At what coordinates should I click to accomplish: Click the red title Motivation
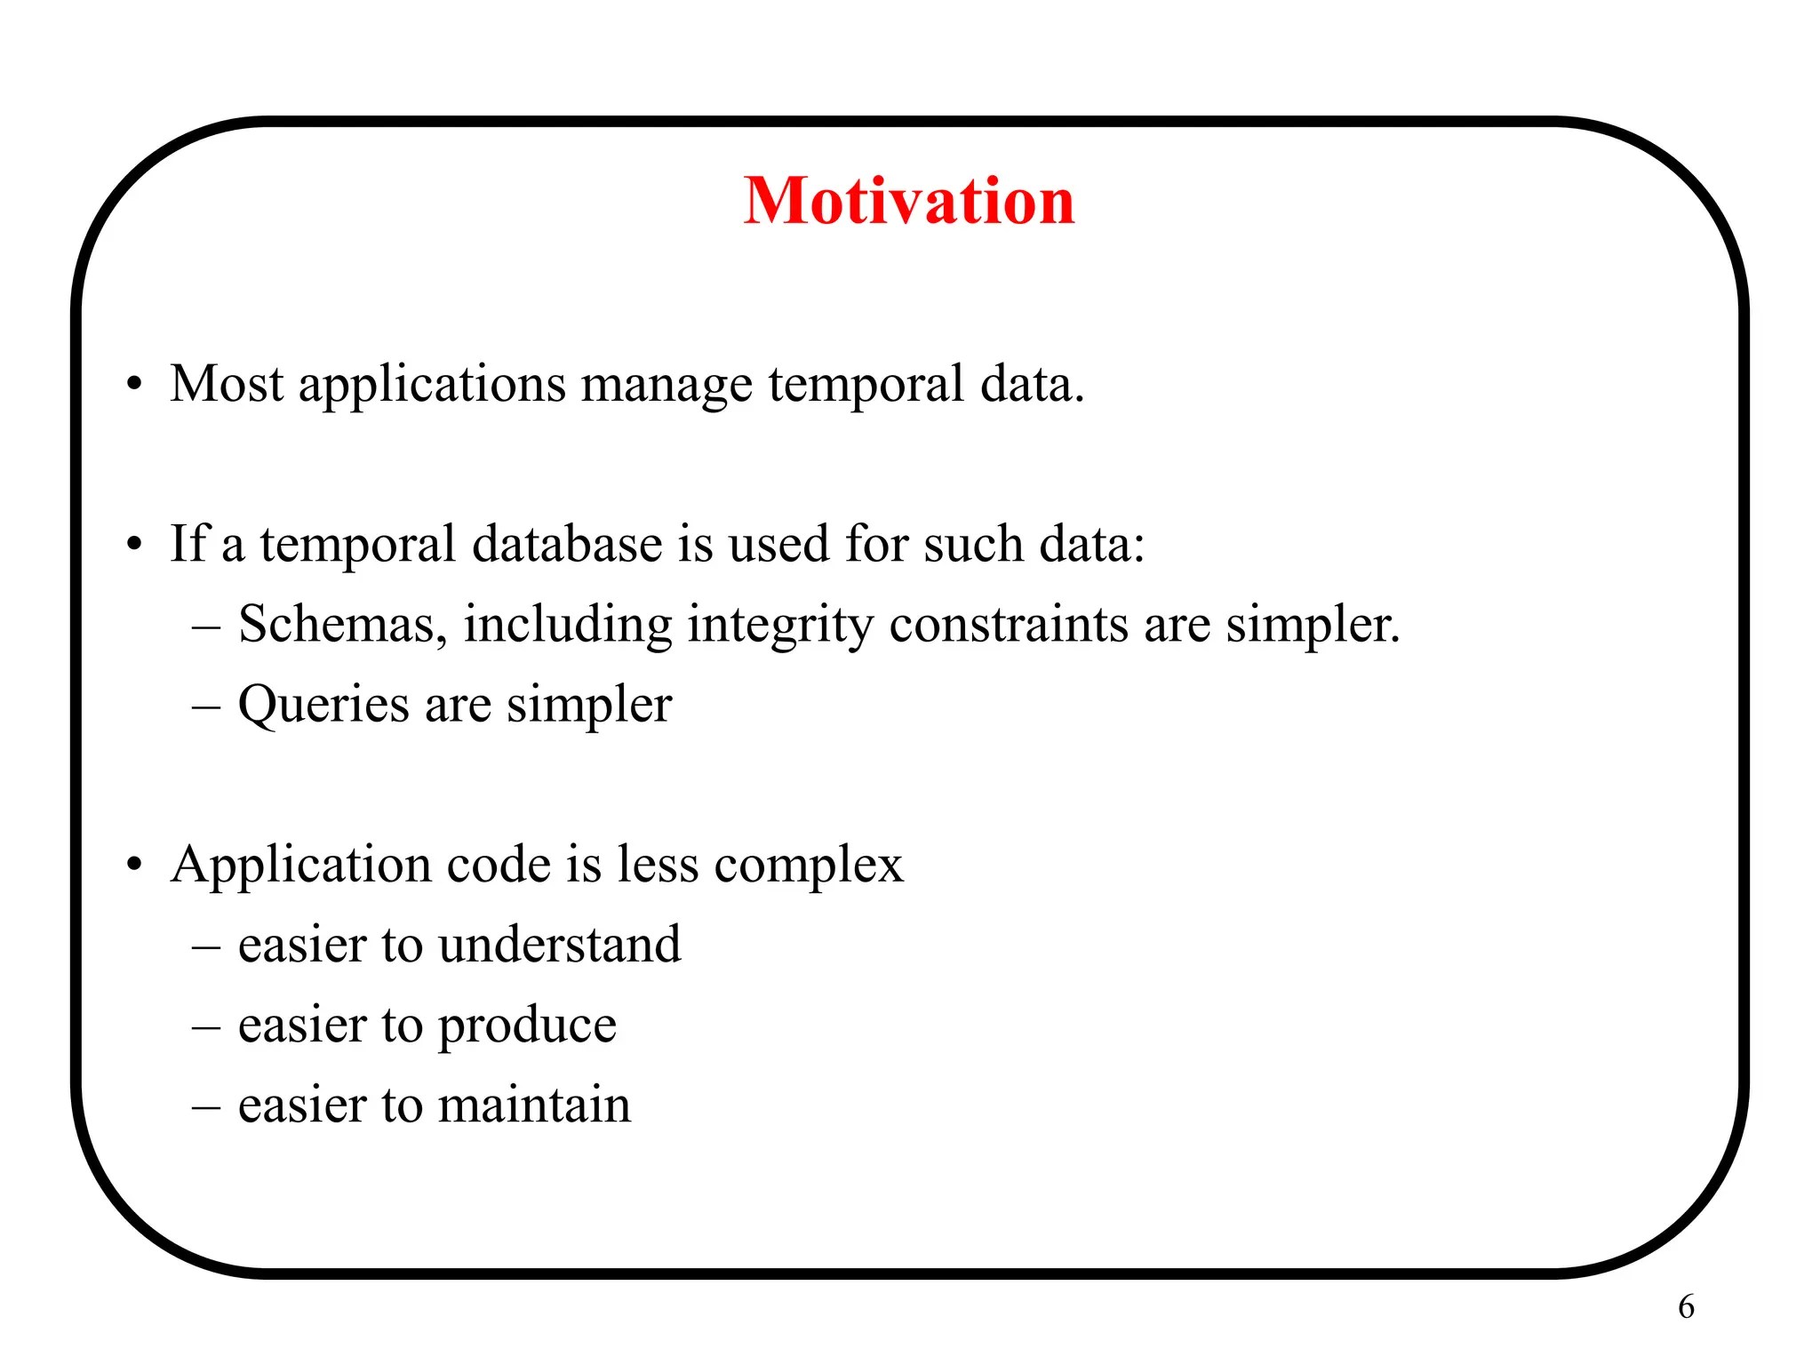pyautogui.click(x=909, y=201)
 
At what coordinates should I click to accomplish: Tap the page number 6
pyautogui.click(x=1686, y=1306)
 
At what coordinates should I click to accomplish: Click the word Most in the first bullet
pyautogui.click(x=227, y=384)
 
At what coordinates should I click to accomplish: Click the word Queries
pyautogui.click(x=324, y=706)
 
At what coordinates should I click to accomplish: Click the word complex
pyautogui.click(x=809, y=866)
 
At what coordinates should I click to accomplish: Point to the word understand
pyautogui.click(x=560, y=944)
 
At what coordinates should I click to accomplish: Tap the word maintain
pyautogui.click(x=534, y=1106)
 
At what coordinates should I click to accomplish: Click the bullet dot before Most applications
pyautogui.click(x=134, y=386)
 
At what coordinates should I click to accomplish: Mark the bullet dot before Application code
pyautogui.click(x=134, y=865)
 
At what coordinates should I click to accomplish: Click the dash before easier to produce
pyautogui.click(x=205, y=1026)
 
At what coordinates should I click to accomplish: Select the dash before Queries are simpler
pyautogui.click(x=205, y=706)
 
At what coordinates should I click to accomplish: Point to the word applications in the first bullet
pyautogui.click(x=432, y=386)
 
